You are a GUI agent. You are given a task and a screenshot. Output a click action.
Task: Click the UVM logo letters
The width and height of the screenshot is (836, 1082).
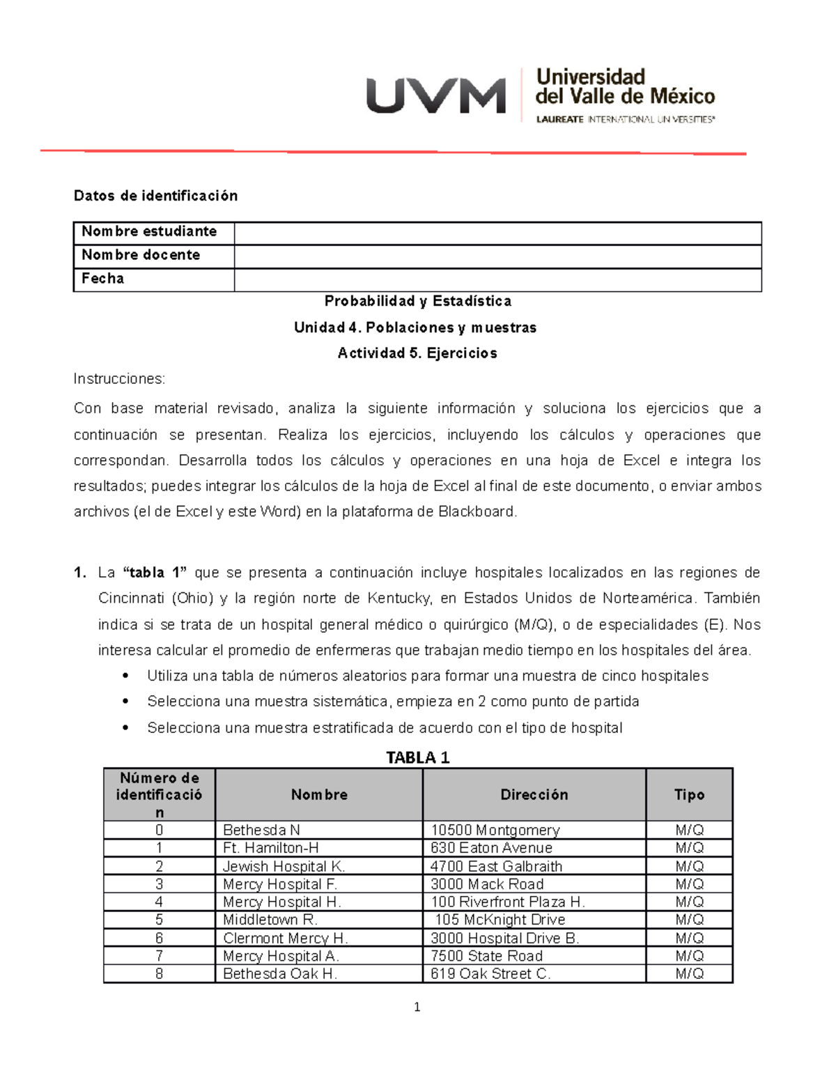436,95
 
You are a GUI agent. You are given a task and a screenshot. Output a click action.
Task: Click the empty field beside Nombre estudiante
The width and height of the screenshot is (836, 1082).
497,233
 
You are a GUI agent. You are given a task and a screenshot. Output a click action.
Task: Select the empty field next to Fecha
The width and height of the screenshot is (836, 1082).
497,279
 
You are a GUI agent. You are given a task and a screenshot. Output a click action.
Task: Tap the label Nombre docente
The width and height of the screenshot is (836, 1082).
141,255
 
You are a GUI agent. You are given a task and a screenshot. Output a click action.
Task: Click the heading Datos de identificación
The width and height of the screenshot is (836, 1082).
155,196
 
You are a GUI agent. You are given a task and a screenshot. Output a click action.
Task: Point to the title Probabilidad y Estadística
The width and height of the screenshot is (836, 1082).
418,301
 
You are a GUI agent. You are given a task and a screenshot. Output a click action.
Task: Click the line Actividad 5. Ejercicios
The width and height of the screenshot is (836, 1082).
417,353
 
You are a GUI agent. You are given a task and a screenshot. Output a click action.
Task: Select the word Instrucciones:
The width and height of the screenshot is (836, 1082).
119,379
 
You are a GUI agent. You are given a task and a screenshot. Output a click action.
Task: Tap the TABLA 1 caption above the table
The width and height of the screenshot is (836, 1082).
418,757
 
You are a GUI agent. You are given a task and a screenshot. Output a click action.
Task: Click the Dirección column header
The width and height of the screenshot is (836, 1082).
534,795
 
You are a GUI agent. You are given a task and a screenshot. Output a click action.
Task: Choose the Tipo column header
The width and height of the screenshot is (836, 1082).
689,795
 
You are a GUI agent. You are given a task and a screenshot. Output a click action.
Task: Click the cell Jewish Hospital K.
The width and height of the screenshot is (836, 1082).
284,866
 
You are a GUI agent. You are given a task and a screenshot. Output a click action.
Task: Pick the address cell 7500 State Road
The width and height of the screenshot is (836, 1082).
486,956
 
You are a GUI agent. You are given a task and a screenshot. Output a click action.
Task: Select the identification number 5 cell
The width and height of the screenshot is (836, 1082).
159,920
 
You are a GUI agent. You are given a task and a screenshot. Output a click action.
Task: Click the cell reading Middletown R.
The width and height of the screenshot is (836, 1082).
270,920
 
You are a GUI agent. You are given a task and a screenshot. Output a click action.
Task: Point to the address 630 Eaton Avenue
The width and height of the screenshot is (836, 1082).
491,848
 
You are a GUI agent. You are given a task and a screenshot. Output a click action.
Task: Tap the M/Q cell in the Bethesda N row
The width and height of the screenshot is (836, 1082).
689,830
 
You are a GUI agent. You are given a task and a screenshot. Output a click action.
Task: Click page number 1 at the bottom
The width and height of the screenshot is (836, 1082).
417,1007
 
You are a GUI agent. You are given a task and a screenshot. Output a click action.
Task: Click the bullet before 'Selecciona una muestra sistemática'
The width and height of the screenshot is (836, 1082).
125,702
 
